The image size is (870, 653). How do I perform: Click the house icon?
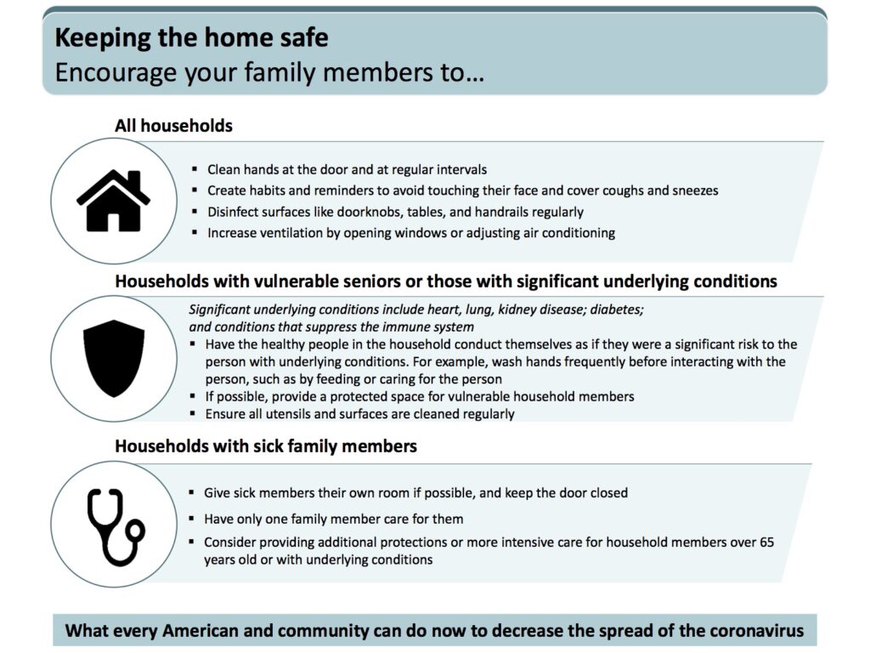113,201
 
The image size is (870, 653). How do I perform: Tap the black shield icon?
114,358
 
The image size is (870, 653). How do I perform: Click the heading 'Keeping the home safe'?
191,37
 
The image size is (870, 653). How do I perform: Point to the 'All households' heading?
173,126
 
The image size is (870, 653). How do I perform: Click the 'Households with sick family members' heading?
266,446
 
